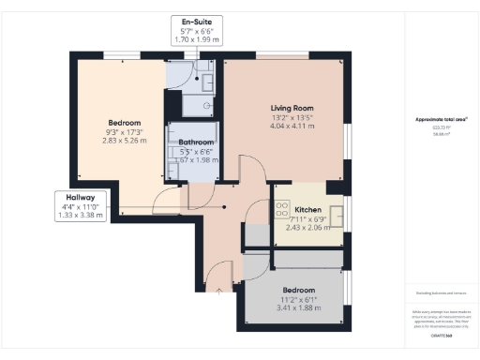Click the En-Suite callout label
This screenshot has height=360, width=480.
[x=196, y=22]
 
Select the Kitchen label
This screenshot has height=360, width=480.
[x=308, y=209]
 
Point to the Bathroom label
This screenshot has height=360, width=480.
[x=195, y=142]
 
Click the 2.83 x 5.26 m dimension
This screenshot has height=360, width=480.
[x=124, y=144]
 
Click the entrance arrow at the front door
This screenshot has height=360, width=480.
[x=219, y=291]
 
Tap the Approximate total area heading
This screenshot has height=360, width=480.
[x=441, y=119]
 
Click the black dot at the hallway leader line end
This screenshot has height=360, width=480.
[x=225, y=207]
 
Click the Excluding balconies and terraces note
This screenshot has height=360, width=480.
[x=441, y=293]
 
